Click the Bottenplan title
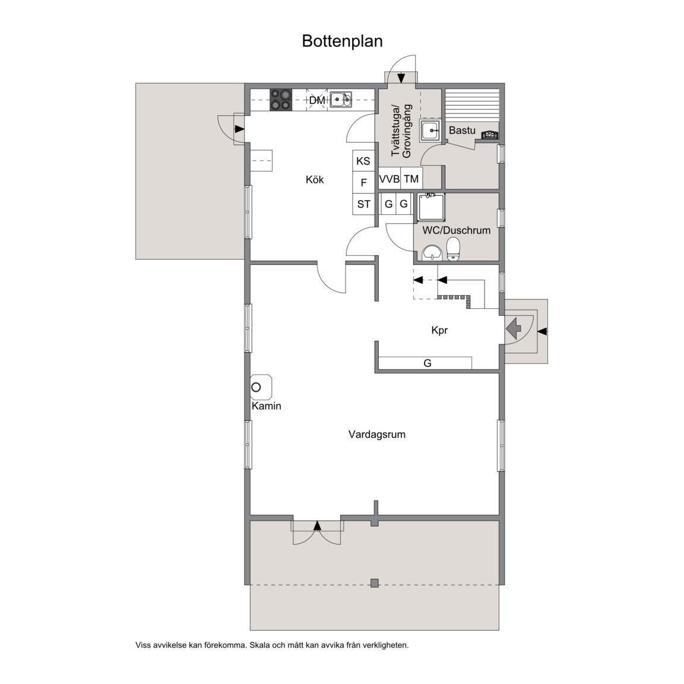tap(342, 41)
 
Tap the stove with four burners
tap(281, 99)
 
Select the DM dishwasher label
tap(317, 100)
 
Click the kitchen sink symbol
tap(341, 99)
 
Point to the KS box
tap(363, 160)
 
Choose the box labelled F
tap(363, 182)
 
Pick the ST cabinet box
tap(363, 204)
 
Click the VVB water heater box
tap(389, 179)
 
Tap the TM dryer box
tap(411, 179)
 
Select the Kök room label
tap(315, 179)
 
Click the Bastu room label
tap(462, 130)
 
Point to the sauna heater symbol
tap(489, 135)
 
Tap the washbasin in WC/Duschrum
tap(432, 253)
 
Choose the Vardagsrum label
tap(376, 434)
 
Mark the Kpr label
tap(439, 330)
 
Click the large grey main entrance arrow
tap(512, 326)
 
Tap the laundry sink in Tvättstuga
tap(430, 130)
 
